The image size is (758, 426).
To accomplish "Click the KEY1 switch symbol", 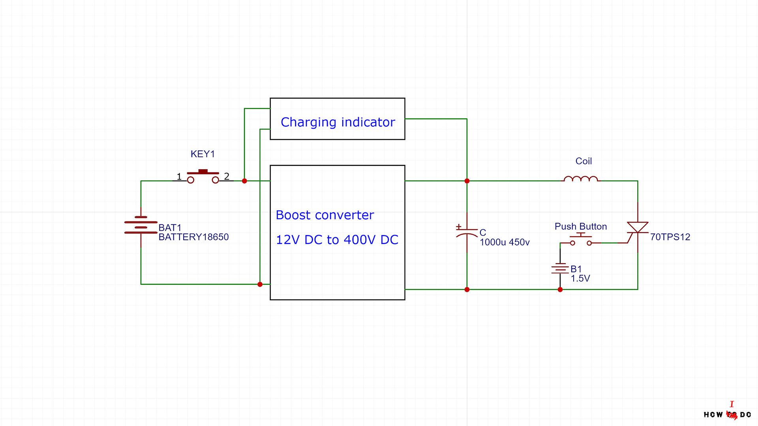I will tap(203, 177).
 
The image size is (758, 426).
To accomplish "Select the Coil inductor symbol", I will tap(581, 179).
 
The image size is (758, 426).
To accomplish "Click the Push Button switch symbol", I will tap(581, 240).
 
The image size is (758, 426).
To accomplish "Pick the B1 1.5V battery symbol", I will tap(560, 269).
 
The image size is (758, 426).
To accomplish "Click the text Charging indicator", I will tap(338, 122).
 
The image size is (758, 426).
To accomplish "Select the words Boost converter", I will tap(325, 215).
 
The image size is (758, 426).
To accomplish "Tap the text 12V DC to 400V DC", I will tap(337, 240).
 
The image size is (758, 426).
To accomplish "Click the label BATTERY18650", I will tap(193, 237).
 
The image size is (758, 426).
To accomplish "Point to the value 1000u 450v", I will tap(505, 242).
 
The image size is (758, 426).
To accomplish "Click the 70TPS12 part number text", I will tap(670, 237).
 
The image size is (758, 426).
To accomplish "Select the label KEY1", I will tap(203, 154).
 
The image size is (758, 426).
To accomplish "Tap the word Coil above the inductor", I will tap(584, 161).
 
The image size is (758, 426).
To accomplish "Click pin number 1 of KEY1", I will tap(179, 176).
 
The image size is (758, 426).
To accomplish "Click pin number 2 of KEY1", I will tap(227, 176).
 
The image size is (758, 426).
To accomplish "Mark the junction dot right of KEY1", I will tap(244, 181).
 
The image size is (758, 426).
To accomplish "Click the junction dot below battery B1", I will tap(560, 290).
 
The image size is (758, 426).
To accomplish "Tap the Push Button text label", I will tap(581, 226).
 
